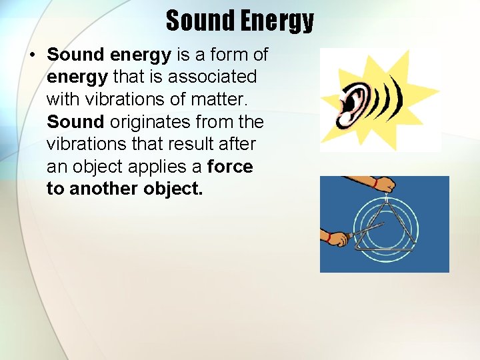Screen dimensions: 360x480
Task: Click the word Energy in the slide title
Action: coord(277,21)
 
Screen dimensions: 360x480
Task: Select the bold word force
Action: coord(230,167)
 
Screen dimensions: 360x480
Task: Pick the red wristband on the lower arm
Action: coord(328,237)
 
